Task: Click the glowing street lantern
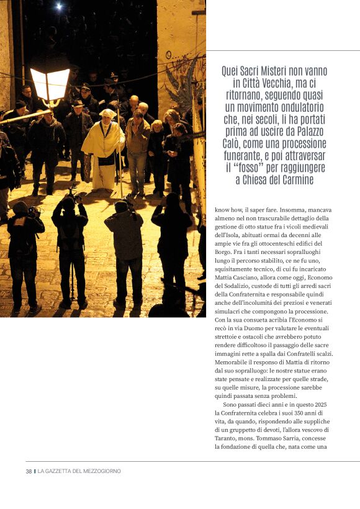(50, 84)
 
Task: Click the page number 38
(29, 471)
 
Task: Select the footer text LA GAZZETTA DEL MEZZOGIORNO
(79, 471)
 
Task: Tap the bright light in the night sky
(58, 6)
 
